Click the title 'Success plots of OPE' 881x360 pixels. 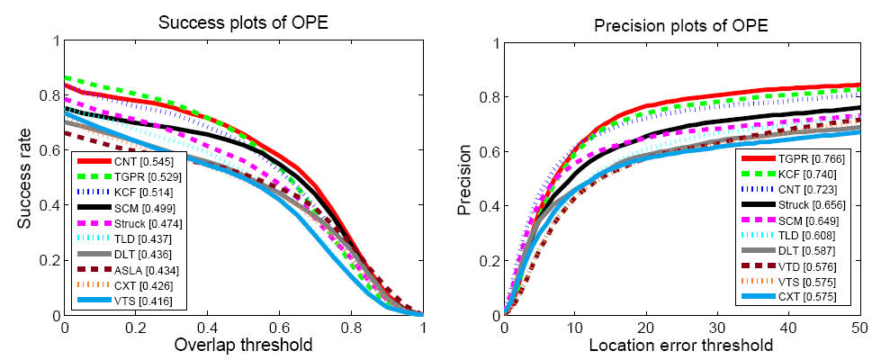click(x=242, y=22)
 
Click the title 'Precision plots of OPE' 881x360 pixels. click(x=680, y=22)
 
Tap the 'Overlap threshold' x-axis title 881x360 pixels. click(x=243, y=344)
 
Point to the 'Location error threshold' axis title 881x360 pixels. click(x=680, y=344)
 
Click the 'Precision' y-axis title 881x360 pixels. click(x=464, y=177)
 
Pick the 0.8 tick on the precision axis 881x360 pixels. click(x=488, y=96)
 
